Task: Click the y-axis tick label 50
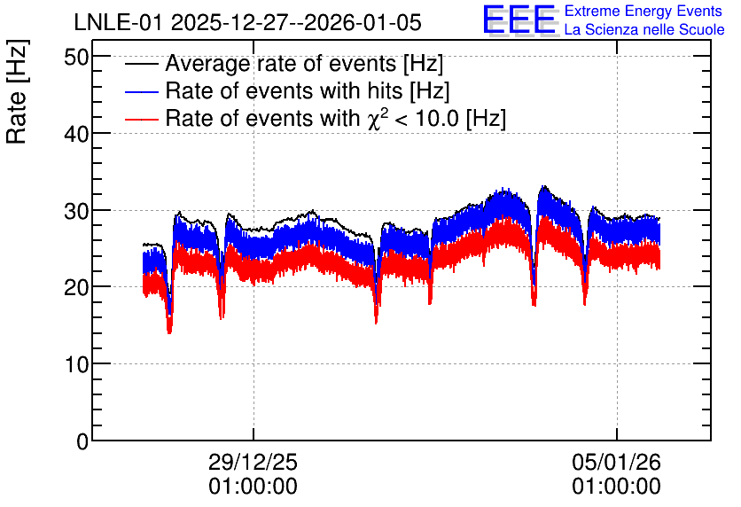tap(76, 58)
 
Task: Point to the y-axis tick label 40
tap(76, 134)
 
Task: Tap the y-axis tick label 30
tap(76, 211)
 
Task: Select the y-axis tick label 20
tap(76, 288)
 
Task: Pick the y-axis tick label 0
tap(82, 441)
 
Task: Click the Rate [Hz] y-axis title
tap(17, 91)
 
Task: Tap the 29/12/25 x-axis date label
tap(253, 462)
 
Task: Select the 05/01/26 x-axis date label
tap(616, 462)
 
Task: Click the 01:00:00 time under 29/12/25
tap(253, 487)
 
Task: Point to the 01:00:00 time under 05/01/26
tap(616, 487)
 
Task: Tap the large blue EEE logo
tap(519, 20)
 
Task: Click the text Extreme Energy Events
tap(643, 11)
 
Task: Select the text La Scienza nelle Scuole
tap(644, 29)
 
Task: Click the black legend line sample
tap(141, 64)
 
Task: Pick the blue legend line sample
tap(141, 91)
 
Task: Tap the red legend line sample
tap(141, 119)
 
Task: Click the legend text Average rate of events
tap(281, 63)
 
